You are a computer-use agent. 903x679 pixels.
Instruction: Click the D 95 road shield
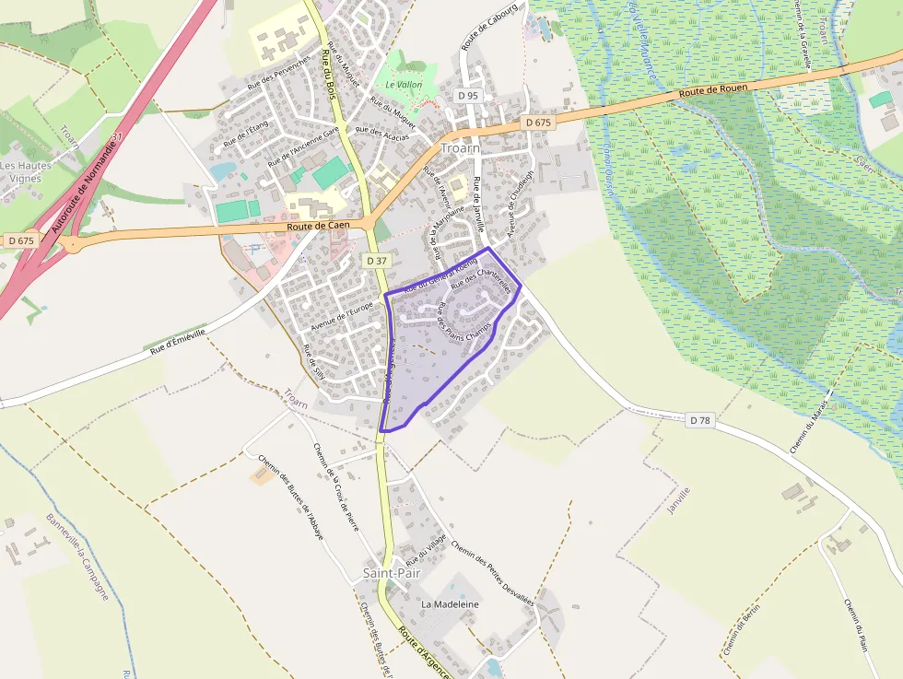[x=468, y=96]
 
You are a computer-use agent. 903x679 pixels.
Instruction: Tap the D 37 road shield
[x=376, y=261]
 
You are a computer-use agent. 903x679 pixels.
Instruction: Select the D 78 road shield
[x=700, y=420]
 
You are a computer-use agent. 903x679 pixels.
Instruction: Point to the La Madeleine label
[x=451, y=603]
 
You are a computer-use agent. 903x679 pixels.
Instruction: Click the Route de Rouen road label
[x=713, y=90]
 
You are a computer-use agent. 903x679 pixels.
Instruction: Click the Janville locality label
[x=676, y=506]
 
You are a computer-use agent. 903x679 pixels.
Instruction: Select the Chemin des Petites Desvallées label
[x=492, y=572]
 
